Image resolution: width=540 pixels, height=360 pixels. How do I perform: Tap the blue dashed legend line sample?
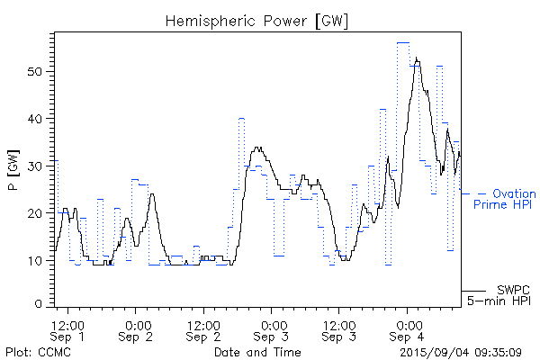point(472,193)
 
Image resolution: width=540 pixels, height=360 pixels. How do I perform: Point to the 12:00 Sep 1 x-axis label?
point(68,330)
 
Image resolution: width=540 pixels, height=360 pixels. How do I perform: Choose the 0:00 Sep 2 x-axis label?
point(136,330)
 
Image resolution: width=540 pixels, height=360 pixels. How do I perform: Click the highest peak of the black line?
point(417,58)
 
